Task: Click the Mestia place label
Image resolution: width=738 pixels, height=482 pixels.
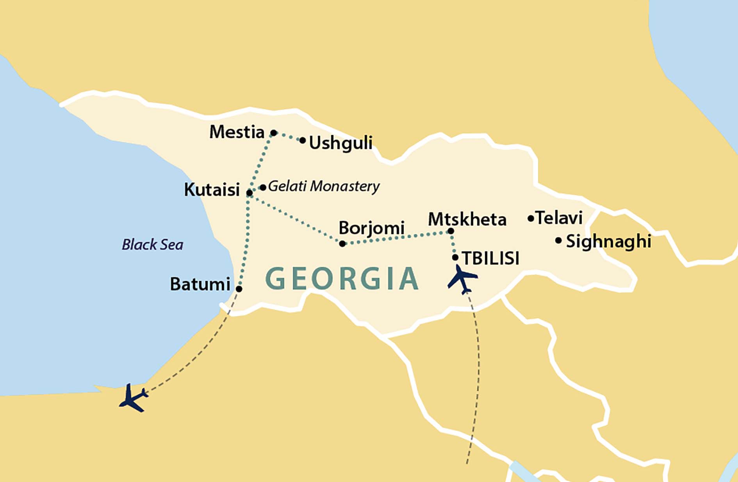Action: (x=237, y=132)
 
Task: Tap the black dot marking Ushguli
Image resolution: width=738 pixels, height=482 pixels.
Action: (x=303, y=140)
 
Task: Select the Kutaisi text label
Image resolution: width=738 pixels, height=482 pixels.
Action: (x=212, y=190)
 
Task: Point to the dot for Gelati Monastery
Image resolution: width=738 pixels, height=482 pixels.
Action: (x=263, y=188)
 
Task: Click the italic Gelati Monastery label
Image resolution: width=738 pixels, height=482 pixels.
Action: (x=324, y=186)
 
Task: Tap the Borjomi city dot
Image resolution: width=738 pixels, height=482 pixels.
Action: (x=342, y=244)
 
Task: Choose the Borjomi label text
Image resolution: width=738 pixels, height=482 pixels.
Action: (x=371, y=228)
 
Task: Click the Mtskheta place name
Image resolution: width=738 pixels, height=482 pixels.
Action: (x=467, y=219)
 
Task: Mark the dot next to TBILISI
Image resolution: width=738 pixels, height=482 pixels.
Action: (x=455, y=257)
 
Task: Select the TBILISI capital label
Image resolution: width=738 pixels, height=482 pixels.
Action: (x=491, y=258)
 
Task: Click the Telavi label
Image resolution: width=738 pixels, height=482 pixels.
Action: (x=559, y=218)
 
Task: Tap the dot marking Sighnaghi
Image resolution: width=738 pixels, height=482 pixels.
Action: (x=558, y=241)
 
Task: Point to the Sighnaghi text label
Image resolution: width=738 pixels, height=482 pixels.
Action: (x=608, y=242)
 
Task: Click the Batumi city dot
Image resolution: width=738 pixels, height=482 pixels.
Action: (x=239, y=289)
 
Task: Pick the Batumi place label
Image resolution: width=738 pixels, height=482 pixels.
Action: (x=200, y=284)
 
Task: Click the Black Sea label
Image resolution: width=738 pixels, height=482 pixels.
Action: (x=152, y=245)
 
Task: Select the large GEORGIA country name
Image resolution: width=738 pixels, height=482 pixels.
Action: (x=342, y=279)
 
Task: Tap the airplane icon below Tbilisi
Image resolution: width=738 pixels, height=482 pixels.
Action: (x=462, y=279)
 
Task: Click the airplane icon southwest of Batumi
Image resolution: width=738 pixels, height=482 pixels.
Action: (x=133, y=398)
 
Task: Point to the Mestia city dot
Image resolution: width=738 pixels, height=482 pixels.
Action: (x=274, y=133)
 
